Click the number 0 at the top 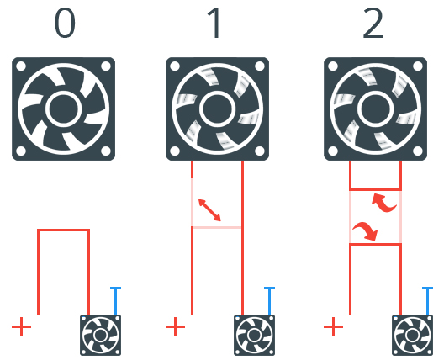(x=65, y=24)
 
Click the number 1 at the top (x=215, y=23)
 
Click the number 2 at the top (x=373, y=23)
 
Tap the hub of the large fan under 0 (x=63, y=109)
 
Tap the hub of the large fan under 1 (x=218, y=109)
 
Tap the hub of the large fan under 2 (x=376, y=109)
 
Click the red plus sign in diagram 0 (x=22, y=327)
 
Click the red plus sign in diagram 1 (x=175, y=327)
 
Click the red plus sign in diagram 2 (x=333, y=327)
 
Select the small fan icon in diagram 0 (x=101, y=336)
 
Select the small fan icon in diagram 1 (x=254, y=336)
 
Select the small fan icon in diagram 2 (x=412, y=336)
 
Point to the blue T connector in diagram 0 (x=115, y=300)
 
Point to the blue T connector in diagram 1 (x=269, y=300)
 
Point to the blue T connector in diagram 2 (x=427, y=300)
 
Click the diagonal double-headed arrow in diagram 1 (x=209, y=210)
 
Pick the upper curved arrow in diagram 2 (x=383, y=202)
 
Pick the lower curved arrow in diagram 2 (x=365, y=231)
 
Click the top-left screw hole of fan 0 (x=21, y=66)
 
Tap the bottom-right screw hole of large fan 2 (x=418, y=151)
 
